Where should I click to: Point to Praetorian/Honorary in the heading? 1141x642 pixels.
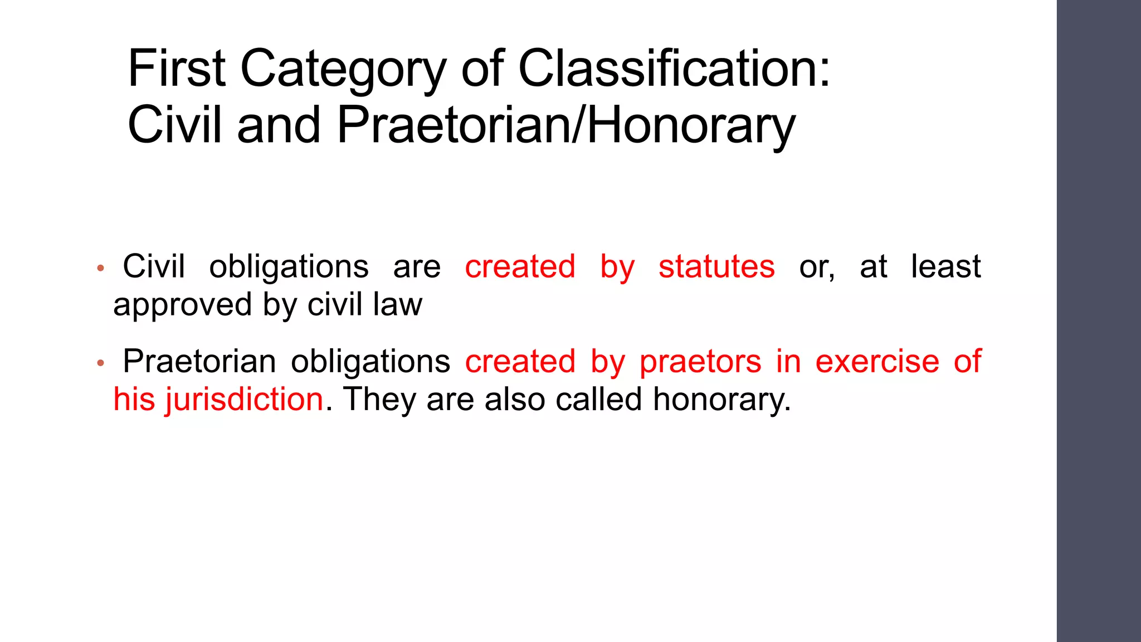click(566, 125)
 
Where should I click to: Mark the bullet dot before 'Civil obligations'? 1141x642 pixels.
click(100, 268)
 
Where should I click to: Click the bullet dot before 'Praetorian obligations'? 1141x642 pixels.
click(100, 363)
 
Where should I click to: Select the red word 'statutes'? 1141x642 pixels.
click(716, 266)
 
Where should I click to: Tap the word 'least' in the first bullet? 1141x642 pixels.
click(945, 266)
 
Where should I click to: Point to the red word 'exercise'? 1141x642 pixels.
click(877, 361)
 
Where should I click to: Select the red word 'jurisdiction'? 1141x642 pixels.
click(244, 400)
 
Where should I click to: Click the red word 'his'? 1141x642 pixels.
click(134, 400)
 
